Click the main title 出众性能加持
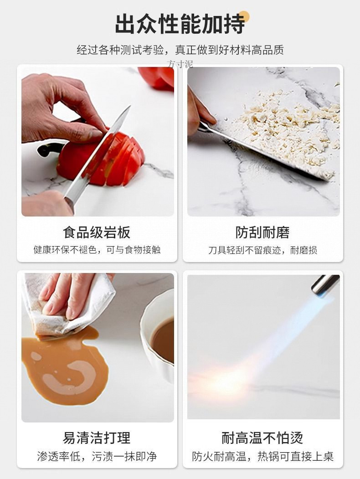tap(180, 24)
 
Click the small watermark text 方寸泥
tap(180, 64)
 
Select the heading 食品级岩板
tap(97, 232)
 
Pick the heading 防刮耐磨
tap(262, 232)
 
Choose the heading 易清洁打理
tap(97, 438)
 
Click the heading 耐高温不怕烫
tap(262, 438)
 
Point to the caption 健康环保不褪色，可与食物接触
tap(97, 250)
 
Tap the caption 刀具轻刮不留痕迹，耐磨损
tap(262, 250)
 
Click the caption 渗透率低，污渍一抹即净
tap(97, 456)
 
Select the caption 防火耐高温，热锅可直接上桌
tap(262, 456)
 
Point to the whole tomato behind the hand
tap(157, 77)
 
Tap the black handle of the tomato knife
tap(48, 149)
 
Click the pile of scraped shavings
tap(292, 128)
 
